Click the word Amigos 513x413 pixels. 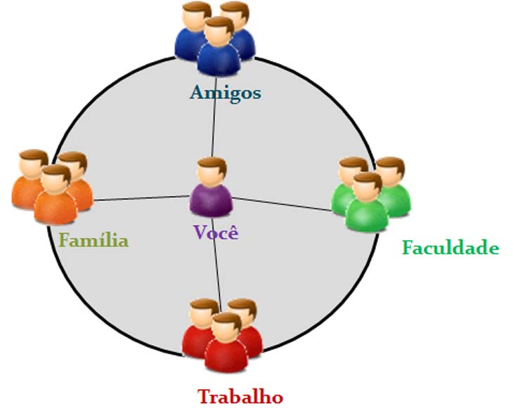coord(225,92)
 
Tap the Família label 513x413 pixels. coord(93,241)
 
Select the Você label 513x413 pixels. coord(215,232)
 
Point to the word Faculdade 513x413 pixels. coord(450,247)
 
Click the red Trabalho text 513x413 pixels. coord(240,396)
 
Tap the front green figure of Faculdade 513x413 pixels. coord(367,204)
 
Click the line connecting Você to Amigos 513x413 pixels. coord(214,123)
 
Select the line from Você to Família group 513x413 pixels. coord(141,197)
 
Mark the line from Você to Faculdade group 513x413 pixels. coord(281,204)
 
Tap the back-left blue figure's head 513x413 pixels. coord(196,15)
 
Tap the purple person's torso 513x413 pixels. coord(212,199)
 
